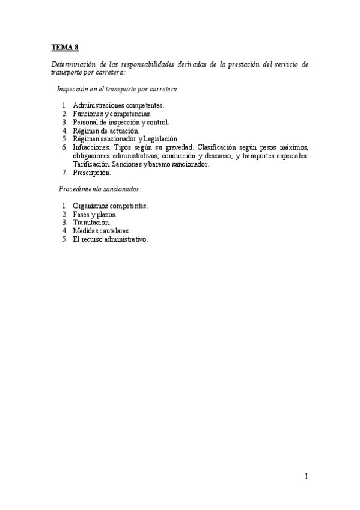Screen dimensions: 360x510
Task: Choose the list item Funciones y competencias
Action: (x=112, y=113)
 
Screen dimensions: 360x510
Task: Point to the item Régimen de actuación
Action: (x=105, y=130)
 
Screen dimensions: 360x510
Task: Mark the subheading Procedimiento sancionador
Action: (x=99, y=189)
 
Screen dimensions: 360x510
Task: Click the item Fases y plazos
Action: (x=95, y=214)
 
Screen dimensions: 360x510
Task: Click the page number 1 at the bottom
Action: (x=307, y=477)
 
